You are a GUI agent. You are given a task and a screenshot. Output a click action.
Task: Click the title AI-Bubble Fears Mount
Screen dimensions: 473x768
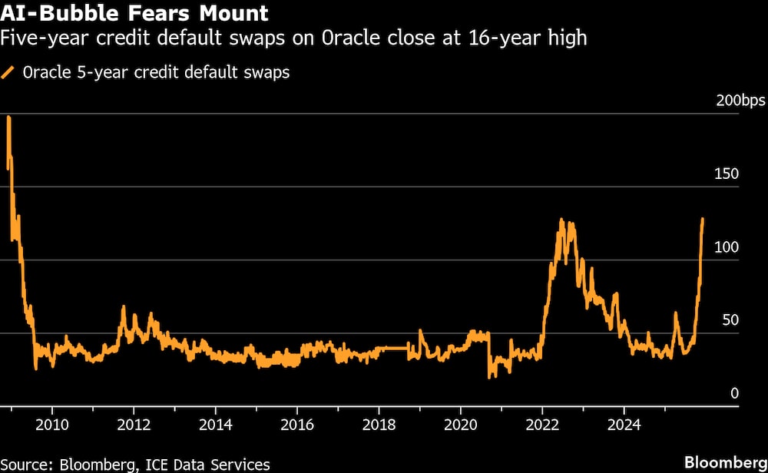[x=134, y=13]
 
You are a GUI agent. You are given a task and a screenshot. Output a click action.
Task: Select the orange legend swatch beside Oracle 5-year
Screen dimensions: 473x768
[x=9, y=74]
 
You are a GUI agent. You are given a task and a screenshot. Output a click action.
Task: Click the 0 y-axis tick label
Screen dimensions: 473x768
[x=733, y=393]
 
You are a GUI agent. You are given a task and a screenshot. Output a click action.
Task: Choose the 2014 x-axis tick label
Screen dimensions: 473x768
[x=216, y=425]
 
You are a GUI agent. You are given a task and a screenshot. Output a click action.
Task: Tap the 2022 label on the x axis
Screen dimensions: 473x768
[x=542, y=425]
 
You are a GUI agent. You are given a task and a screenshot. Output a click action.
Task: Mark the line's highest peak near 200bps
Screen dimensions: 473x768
[x=8, y=117]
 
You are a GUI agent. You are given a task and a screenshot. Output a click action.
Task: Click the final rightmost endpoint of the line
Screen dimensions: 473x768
[x=703, y=219]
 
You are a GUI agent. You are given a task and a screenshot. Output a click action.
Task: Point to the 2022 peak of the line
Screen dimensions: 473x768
[x=561, y=220]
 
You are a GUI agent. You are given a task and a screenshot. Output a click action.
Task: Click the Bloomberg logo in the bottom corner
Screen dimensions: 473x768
[x=726, y=462]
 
